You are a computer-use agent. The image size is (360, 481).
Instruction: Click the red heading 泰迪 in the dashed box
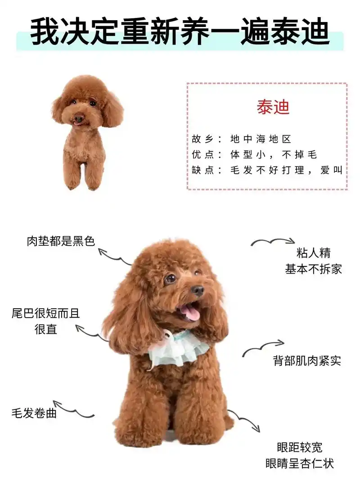[x=273, y=107]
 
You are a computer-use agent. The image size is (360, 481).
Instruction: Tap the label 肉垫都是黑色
[x=61, y=241]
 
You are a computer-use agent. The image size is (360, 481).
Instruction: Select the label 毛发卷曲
[x=34, y=413]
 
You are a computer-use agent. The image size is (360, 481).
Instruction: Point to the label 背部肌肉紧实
[x=307, y=360]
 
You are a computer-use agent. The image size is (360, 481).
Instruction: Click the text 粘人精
[x=313, y=252]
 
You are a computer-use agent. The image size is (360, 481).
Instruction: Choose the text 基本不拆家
[x=313, y=269]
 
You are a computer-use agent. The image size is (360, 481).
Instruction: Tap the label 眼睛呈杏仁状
[x=300, y=463]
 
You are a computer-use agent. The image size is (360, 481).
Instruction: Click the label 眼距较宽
[x=300, y=447]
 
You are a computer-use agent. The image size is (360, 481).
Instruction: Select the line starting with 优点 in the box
[x=255, y=155]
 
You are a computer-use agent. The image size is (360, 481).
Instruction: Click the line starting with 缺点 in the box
[x=267, y=171]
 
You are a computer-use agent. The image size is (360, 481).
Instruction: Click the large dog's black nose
[x=198, y=290]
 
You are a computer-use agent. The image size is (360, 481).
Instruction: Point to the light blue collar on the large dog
[x=178, y=349]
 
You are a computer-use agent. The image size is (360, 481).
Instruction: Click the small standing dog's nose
[x=79, y=119]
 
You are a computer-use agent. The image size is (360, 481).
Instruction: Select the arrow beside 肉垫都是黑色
[x=114, y=256]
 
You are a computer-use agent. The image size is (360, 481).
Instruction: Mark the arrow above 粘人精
[x=273, y=242]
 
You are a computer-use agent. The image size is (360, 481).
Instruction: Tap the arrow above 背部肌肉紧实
[x=263, y=348]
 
